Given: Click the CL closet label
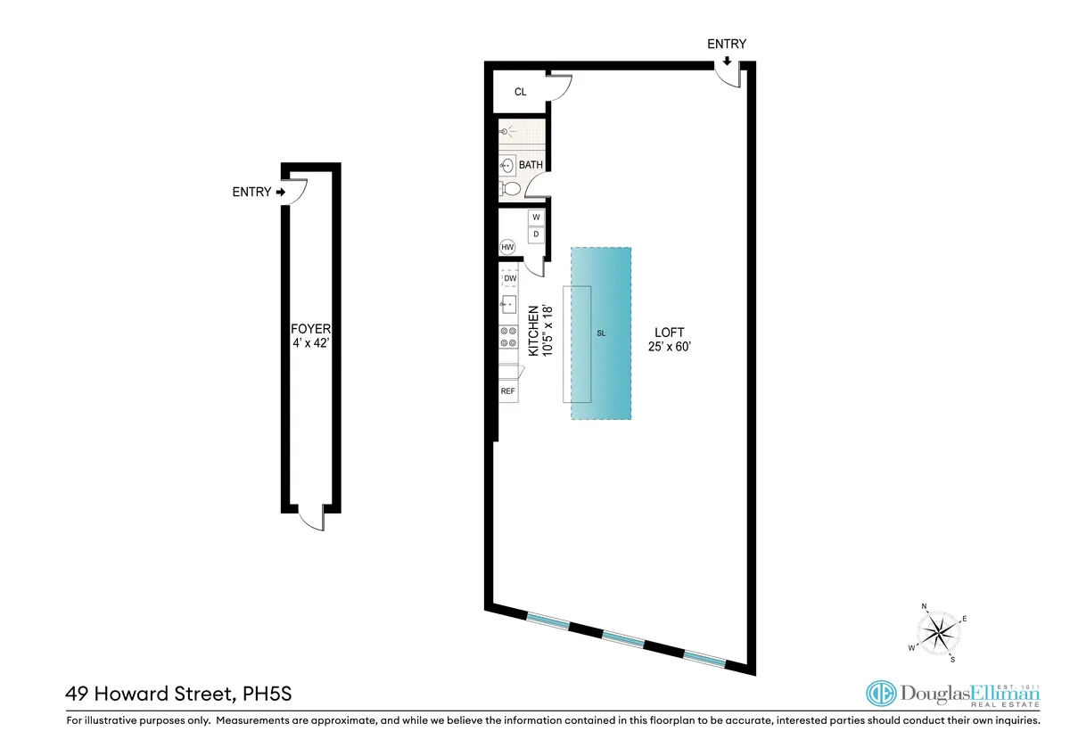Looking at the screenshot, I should click(521, 92).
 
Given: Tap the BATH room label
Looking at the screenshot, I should click(531, 165).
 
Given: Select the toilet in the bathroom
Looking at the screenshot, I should click(509, 189).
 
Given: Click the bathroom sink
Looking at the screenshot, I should click(506, 165).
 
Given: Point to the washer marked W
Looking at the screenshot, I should click(536, 218).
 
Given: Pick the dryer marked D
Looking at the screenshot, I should click(536, 235).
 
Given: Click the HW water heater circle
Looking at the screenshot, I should click(507, 247).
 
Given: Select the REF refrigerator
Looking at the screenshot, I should click(507, 391).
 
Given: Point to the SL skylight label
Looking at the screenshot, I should click(601, 333).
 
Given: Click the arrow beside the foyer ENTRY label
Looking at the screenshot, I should click(281, 192).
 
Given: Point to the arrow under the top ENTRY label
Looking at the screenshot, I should click(727, 61).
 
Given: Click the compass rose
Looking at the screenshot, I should click(939, 633).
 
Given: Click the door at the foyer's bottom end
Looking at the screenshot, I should click(311, 516).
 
